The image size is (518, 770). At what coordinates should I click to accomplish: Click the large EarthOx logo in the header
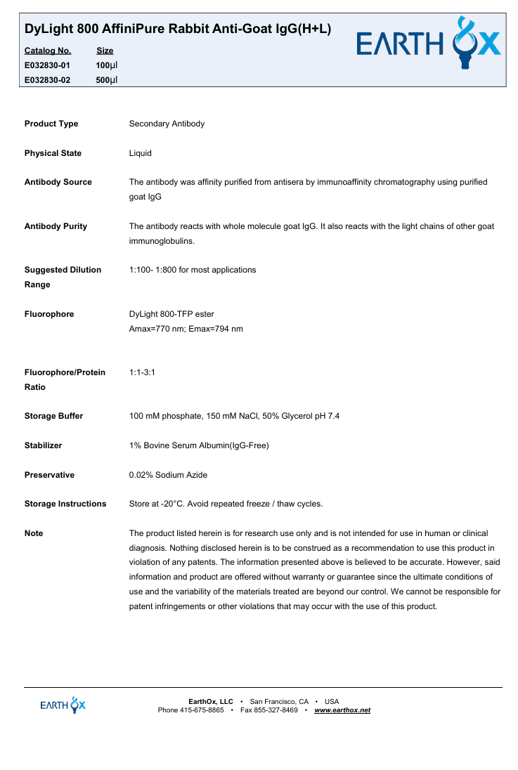(429, 44)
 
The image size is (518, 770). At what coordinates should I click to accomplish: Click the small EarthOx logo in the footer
(63, 705)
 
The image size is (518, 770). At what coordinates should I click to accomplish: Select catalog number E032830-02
(47, 80)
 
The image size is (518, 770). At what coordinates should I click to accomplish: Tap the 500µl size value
(106, 80)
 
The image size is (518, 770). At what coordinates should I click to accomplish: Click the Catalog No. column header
(47, 51)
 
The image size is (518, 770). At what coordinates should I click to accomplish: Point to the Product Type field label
(51, 124)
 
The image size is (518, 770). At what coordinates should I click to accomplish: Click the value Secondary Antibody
(167, 124)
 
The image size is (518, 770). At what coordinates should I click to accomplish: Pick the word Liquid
(140, 153)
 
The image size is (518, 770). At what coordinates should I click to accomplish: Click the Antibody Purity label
(56, 226)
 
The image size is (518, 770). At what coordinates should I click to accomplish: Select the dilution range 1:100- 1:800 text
(193, 270)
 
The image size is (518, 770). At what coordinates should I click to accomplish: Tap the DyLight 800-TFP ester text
(171, 314)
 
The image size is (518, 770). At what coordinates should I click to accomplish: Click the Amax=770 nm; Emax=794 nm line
(186, 329)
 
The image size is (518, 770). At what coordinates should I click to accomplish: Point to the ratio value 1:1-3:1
(142, 372)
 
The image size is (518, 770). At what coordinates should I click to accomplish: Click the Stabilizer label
(43, 445)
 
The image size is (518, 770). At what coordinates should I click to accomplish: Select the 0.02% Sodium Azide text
(168, 475)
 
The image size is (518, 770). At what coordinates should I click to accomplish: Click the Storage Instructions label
(65, 504)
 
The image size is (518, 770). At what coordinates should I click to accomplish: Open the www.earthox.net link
(342, 710)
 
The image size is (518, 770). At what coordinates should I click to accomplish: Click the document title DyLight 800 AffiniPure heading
(178, 29)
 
